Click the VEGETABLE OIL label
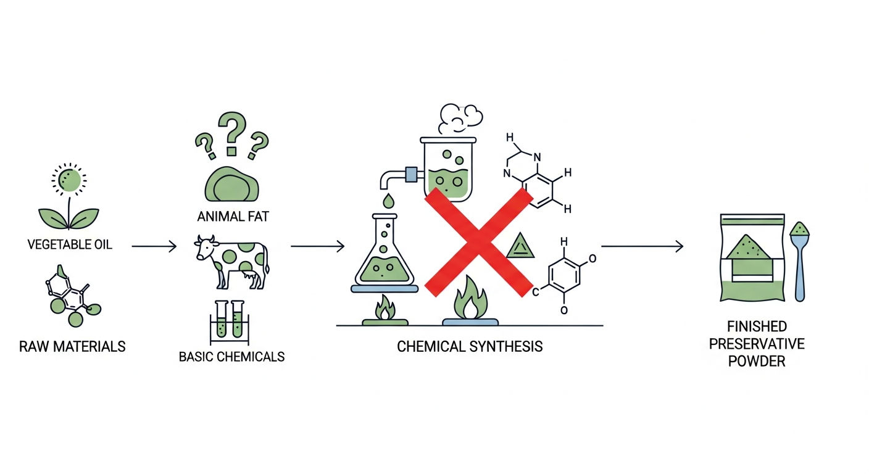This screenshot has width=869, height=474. pos(70,244)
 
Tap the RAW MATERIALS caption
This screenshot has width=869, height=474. pos(72,346)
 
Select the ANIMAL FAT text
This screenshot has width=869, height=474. pos(233,216)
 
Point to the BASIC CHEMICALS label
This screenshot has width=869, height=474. pos(231,357)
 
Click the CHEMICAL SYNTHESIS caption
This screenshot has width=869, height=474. pos(470,346)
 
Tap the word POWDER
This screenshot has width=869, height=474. pos(757,361)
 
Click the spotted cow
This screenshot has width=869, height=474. pos(231,262)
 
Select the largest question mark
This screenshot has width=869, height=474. pos(232,133)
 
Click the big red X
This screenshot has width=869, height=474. pos(479,243)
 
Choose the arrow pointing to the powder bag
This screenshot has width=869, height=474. pos(642,246)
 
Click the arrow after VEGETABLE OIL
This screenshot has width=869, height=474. pos(154,246)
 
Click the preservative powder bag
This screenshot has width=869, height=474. pos(752,257)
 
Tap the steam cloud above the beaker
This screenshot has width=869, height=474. pos(460,118)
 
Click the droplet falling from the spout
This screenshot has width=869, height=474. pos(388,201)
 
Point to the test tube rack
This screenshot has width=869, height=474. pos(229,323)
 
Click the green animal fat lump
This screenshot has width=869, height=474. pos(231,185)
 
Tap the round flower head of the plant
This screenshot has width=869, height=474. pos(69,180)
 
